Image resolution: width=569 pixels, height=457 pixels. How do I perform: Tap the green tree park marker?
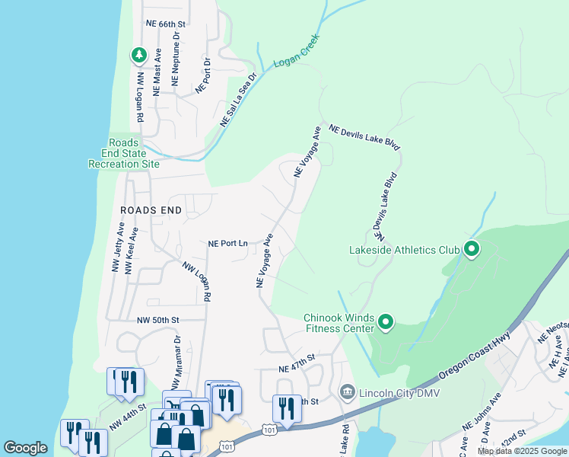point(138,55)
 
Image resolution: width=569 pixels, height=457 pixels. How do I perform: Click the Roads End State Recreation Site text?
point(124,153)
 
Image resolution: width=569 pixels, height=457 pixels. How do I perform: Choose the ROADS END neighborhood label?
point(151,209)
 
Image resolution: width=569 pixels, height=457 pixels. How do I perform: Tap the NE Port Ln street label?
point(228,244)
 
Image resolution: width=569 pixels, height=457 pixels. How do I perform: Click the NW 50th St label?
point(157,321)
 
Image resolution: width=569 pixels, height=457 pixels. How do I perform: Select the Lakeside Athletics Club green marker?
point(471,249)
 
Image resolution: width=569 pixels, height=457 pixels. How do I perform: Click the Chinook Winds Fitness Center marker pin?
point(386,323)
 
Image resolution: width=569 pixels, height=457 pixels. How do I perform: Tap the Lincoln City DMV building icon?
point(348,392)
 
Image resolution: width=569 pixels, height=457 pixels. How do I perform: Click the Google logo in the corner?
point(25,448)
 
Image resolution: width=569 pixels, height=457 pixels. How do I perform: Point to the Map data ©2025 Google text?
point(522,451)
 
